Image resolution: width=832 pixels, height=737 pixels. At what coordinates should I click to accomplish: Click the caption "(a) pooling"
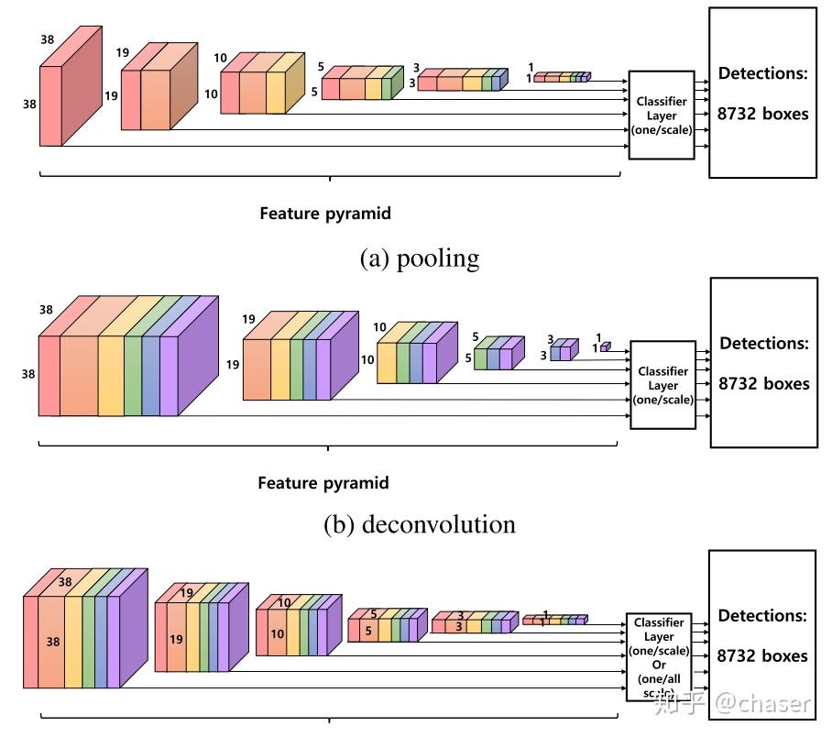(x=420, y=258)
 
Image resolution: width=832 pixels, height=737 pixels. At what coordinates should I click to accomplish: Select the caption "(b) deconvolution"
(x=420, y=524)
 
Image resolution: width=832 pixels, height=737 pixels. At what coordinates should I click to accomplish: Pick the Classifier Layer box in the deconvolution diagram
(x=662, y=385)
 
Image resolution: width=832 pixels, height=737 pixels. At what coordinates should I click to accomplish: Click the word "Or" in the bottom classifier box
(x=659, y=665)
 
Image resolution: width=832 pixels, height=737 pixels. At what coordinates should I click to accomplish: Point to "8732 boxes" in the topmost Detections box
(x=762, y=115)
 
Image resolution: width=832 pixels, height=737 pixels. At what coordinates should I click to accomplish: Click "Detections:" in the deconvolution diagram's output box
(x=764, y=344)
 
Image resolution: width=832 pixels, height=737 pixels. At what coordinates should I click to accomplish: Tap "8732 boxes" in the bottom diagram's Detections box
(x=762, y=655)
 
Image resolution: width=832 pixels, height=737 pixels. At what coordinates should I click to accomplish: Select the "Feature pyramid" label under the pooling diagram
(x=324, y=214)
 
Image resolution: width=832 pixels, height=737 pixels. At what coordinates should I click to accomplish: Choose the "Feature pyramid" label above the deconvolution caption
(x=323, y=483)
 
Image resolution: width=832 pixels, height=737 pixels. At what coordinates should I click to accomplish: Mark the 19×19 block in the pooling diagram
(x=159, y=87)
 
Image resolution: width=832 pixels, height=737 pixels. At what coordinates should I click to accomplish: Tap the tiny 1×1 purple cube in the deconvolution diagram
(x=605, y=346)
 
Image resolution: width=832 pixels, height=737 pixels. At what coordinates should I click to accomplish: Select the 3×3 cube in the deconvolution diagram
(x=564, y=350)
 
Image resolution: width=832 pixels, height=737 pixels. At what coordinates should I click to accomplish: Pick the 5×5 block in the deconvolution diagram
(x=498, y=353)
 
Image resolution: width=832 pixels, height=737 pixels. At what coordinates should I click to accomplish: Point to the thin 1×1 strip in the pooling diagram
(x=561, y=78)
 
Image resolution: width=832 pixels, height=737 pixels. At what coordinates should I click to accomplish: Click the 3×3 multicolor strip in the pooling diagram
(x=462, y=81)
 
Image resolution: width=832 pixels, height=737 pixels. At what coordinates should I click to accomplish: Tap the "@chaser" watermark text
(x=763, y=704)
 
